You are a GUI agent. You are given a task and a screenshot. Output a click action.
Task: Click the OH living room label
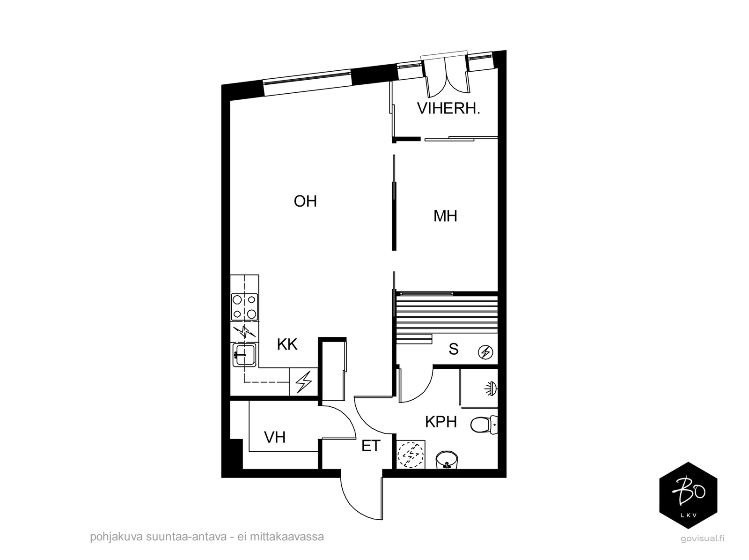pyautogui.click(x=305, y=201)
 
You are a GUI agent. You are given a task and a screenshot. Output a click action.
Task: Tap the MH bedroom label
pyautogui.click(x=445, y=216)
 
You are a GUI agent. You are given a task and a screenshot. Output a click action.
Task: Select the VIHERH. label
pyautogui.click(x=448, y=109)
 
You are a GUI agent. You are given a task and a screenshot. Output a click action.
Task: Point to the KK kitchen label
pyautogui.click(x=287, y=344)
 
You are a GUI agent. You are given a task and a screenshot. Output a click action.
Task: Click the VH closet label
pyautogui.click(x=275, y=437)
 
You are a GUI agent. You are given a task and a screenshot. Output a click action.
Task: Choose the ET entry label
pyautogui.click(x=371, y=446)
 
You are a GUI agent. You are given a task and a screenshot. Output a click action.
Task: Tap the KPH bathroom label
pyautogui.click(x=441, y=422)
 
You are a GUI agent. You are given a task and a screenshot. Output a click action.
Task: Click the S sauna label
pyautogui.click(x=454, y=349)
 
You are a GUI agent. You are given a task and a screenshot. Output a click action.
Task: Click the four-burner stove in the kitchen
pyautogui.click(x=244, y=306)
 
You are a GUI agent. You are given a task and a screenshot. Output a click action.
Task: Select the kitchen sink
pyautogui.click(x=244, y=356)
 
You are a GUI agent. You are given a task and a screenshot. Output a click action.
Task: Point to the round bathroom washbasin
pyautogui.click(x=447, y=459)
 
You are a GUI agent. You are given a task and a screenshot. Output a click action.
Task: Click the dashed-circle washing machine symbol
pyautogui.click(x=411, y=455)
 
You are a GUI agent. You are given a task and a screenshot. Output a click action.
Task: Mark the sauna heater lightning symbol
pyautogui.click(x=485, y=352)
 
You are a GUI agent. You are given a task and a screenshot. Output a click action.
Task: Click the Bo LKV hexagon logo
pyautogui.click(x=688, y=495)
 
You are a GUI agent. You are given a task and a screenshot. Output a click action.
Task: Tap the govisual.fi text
pyautogui.click(x=702, y=538)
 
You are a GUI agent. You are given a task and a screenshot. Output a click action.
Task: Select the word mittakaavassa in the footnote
pyautogui.click(x=287, y=537)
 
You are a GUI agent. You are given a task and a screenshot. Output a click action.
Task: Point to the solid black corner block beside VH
pyautogui.click(x=236, y=454)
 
